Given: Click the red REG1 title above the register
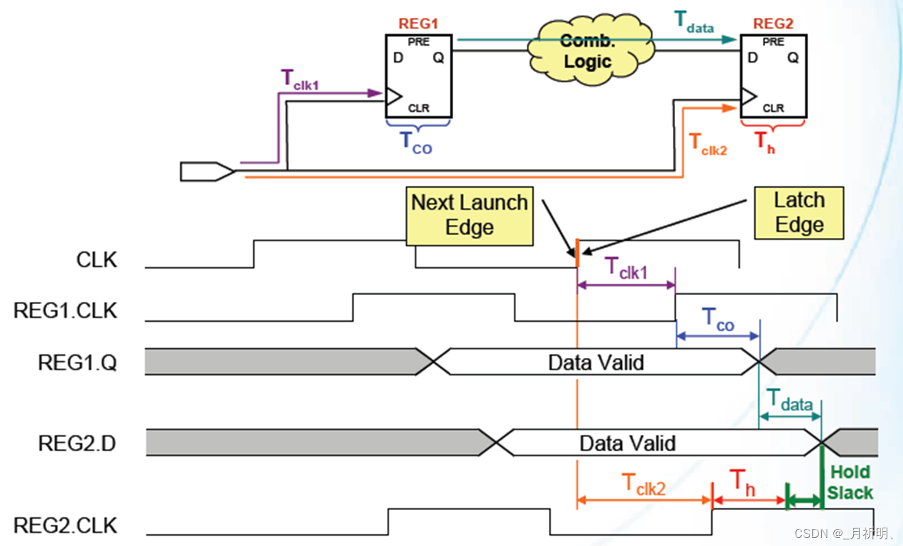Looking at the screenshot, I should pos(418,24).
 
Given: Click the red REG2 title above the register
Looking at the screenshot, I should pos(773,24).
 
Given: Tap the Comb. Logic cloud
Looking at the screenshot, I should pos(588,51).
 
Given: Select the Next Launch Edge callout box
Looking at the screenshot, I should pos(469,215).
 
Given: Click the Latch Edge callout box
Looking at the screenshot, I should pos(799,213).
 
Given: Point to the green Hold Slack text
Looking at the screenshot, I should pos(850,482).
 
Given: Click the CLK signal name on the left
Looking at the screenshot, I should pos(96,260).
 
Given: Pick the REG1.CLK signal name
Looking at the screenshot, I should pos(66,311).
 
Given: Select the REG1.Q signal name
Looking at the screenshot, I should pos(77,362).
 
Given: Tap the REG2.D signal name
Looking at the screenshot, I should pos(77,444).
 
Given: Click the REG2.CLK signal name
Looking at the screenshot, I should pos(66,526).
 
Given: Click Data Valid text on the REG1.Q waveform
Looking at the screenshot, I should pos(596,362).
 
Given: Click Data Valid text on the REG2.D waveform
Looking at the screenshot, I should pos(627,444).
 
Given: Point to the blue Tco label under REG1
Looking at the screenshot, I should pos(415,143).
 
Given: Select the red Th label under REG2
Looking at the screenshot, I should pos(764,143).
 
